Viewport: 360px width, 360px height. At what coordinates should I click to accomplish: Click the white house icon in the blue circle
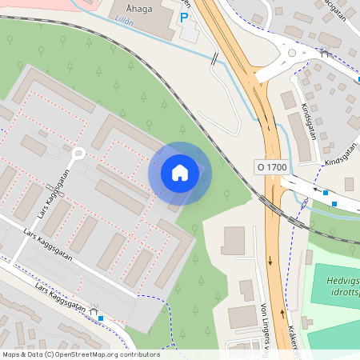[x=180, y=173]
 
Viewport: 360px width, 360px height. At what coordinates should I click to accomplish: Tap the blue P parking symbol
[x=185, y=18]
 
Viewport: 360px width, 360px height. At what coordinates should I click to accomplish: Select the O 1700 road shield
[x=271, y=166]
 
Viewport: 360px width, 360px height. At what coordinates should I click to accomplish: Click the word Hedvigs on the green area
[x=343, y=281]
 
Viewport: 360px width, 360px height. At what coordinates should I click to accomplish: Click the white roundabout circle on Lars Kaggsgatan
[x=78, y=154]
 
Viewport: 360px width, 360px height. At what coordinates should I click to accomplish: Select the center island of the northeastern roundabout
[x=292, y=54]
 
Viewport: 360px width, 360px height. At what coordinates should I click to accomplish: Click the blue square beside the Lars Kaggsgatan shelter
[x=101, y=318]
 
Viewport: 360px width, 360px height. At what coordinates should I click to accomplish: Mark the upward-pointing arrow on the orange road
[x=282, y=314]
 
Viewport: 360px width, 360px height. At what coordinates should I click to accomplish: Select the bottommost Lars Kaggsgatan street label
[x=61, y=295]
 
